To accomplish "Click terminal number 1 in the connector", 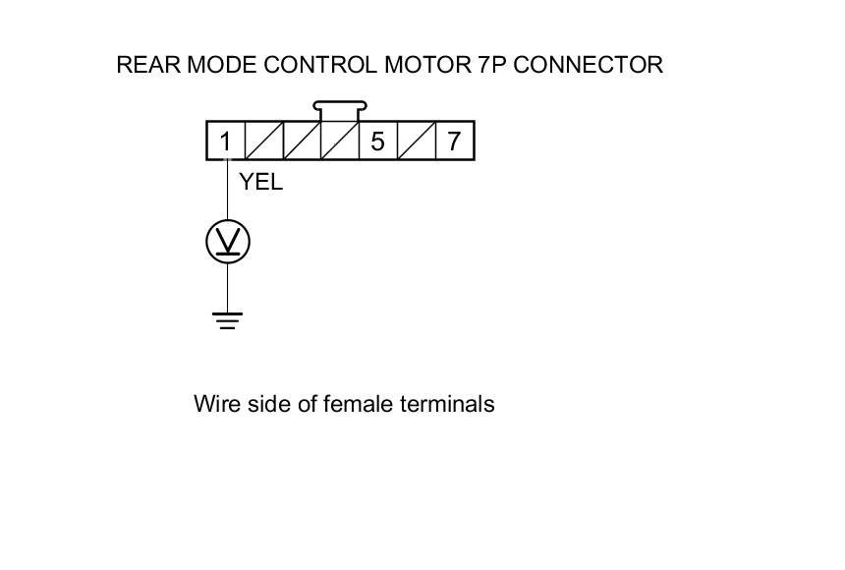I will point(225,142).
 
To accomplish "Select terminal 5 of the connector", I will point(377,142).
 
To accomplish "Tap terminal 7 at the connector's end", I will point(454,142).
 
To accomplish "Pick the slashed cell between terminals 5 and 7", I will point(416,142).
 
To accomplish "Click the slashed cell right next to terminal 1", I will point(263,142).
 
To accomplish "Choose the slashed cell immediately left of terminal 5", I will point(340,142).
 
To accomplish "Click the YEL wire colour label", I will point(260,182).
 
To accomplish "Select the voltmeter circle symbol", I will point(228,242).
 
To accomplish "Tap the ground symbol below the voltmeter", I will point(228,319).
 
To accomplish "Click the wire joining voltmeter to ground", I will point(228,287).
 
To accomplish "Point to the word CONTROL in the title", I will point(320,65).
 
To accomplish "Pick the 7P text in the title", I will point(486,65).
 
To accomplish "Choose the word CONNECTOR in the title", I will point(588,65).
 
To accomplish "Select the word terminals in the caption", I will point(447,403).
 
